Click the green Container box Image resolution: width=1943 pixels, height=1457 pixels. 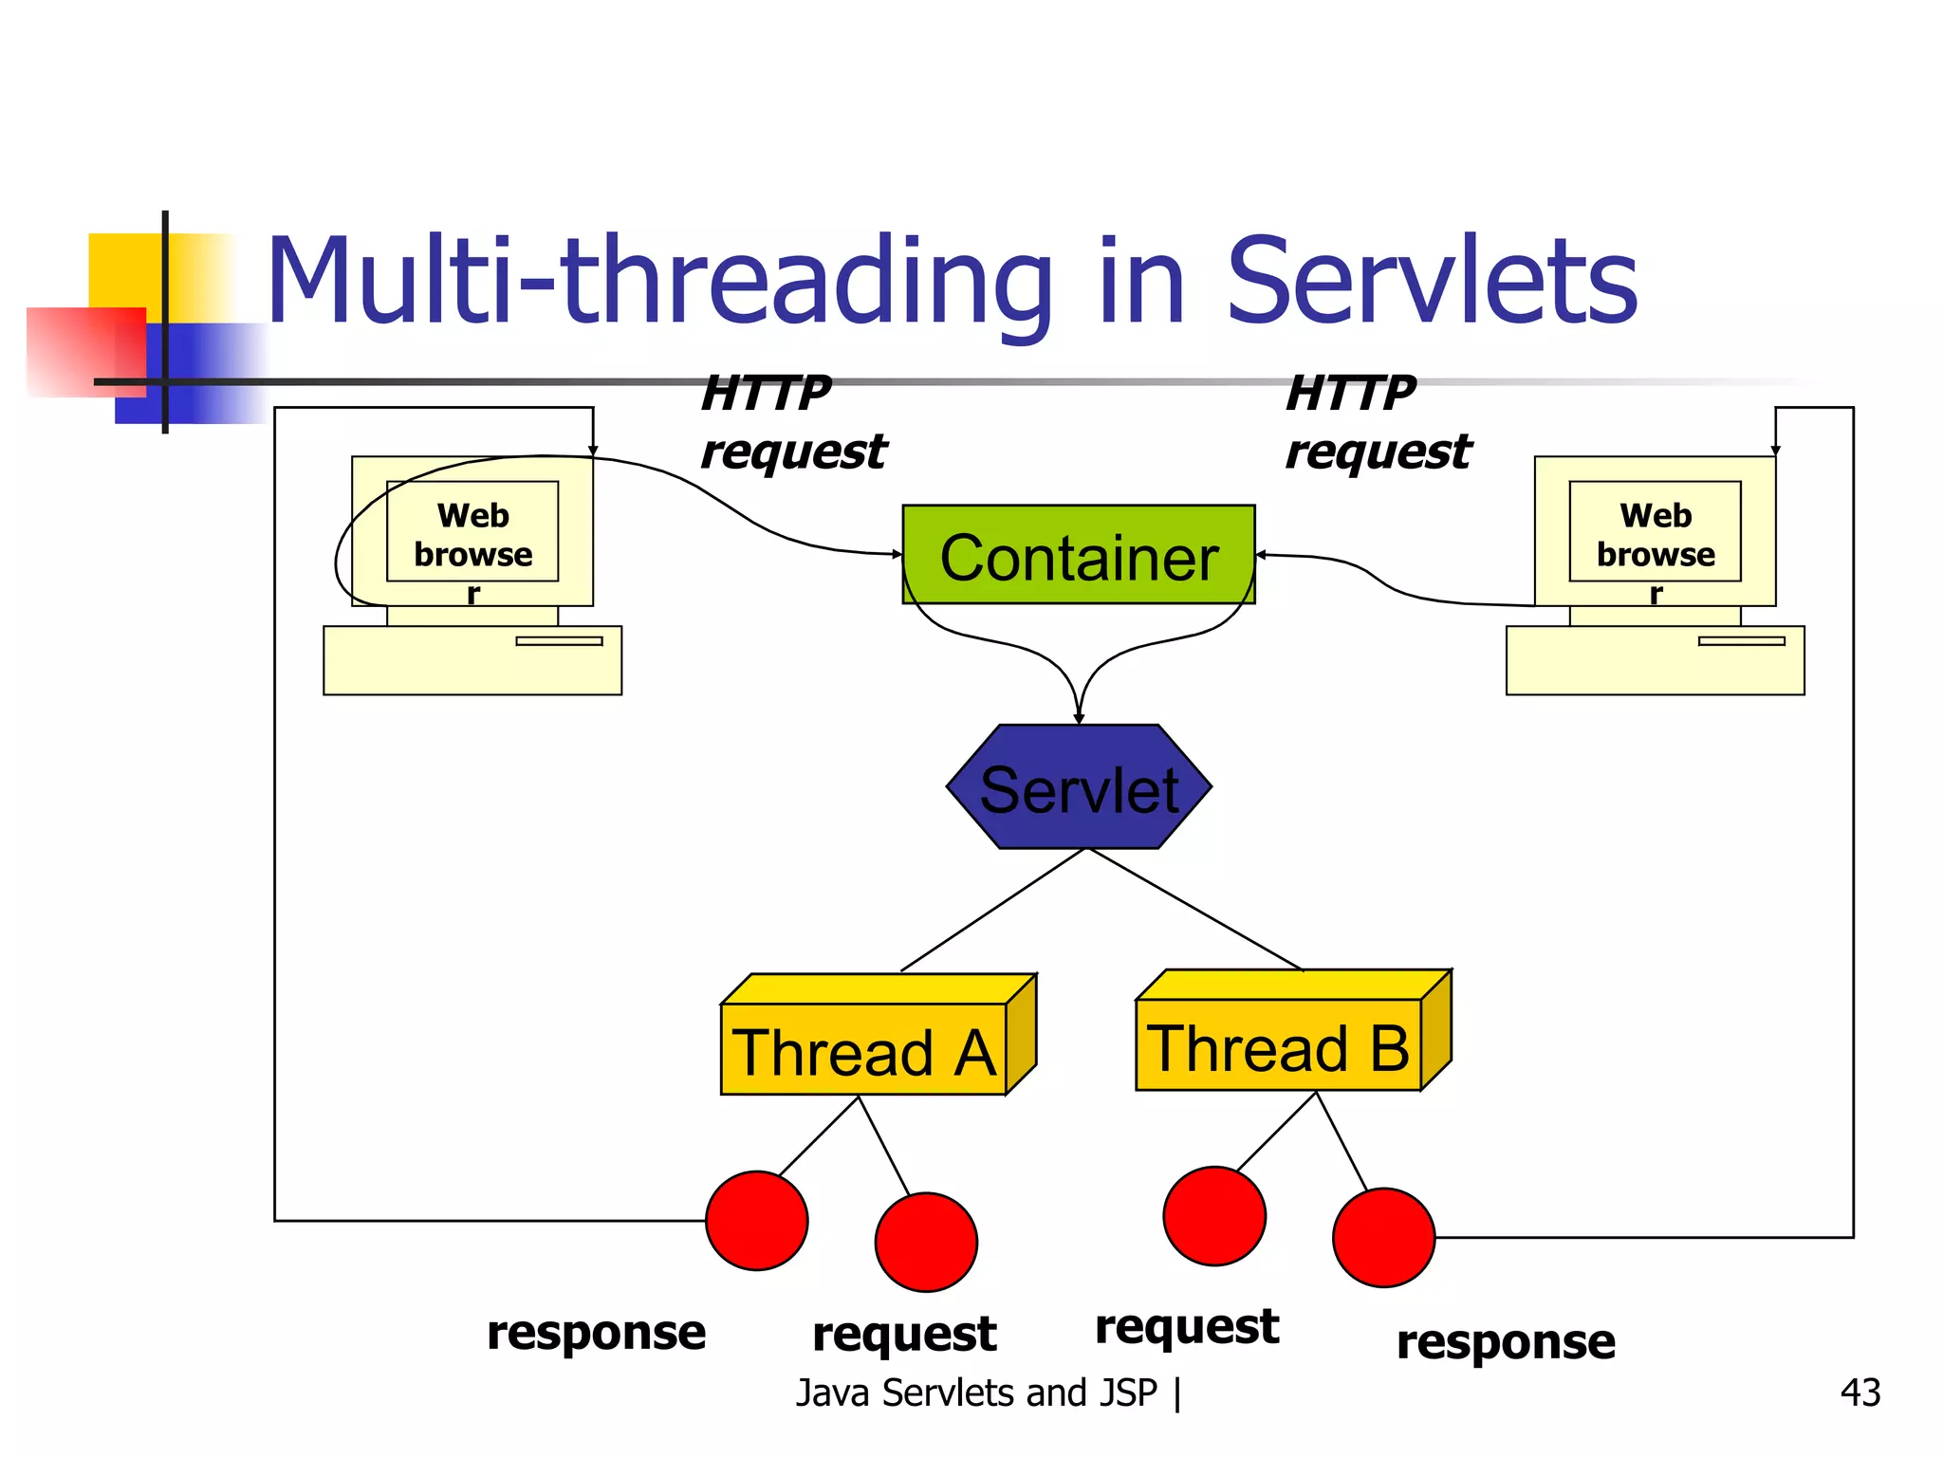point(1078,555)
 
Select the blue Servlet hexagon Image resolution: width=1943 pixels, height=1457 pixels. point(1079,787)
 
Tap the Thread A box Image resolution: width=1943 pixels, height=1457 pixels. point(863,1049)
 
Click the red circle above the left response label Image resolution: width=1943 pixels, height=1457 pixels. point(756,1221)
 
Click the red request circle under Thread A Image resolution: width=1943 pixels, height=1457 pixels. point(926,1242)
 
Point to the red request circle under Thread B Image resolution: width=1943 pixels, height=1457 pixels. point(1213,1216)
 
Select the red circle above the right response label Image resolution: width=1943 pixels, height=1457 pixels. point(1383,1237)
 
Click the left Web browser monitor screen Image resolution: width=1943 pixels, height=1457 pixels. point(472,531)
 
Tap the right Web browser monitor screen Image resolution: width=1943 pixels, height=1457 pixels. point(1655,531)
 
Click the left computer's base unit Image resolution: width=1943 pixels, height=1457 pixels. point(472,660)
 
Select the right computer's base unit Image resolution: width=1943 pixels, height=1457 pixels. point(1655,660)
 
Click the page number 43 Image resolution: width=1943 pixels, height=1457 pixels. point(1860,1392)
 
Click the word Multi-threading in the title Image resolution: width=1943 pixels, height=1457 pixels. point(659,282)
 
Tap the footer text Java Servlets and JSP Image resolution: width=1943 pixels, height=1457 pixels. point(977,1392)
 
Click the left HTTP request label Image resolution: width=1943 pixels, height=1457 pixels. point(792,422)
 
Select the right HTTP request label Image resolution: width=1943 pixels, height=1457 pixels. point(1378,422)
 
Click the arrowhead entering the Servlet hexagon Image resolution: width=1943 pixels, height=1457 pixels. point(1079,718)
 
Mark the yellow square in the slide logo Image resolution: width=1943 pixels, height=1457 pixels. point(128,270)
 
